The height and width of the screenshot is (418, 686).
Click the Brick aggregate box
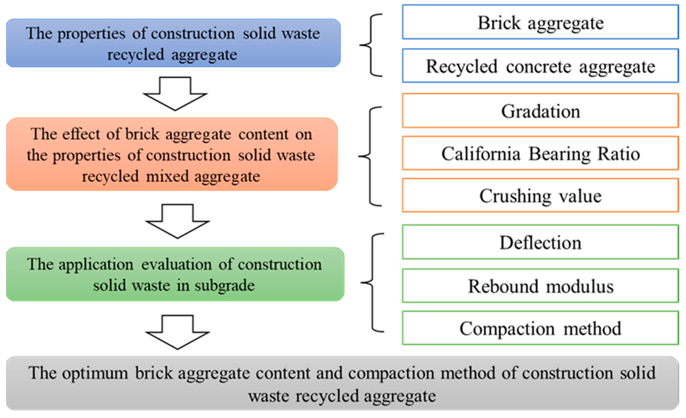540,22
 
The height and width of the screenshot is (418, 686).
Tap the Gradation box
540,111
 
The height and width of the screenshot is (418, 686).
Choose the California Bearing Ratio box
540,153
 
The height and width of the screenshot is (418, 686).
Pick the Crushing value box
540,196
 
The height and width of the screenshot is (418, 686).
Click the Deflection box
540,243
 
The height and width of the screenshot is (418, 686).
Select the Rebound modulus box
540,286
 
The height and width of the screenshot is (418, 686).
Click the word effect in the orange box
81,134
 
